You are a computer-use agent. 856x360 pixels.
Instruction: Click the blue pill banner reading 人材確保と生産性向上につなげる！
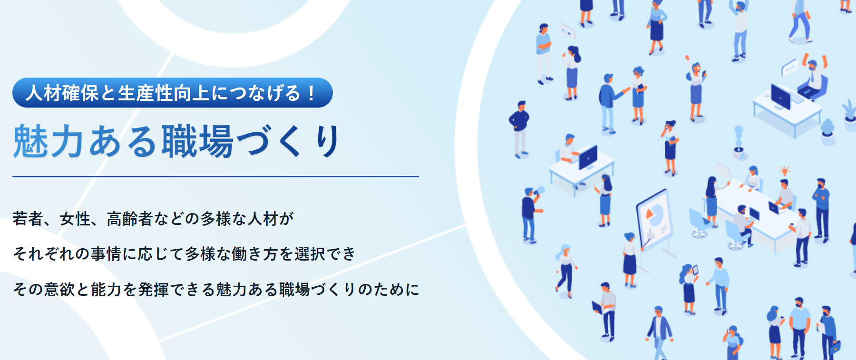point(173,93)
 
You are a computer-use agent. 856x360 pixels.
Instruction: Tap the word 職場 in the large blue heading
point(197,141)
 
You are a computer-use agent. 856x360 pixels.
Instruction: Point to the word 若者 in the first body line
point(28,219)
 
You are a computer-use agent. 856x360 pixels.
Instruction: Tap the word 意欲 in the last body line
point(59,289)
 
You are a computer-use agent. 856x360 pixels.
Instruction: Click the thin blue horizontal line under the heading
point(215,176)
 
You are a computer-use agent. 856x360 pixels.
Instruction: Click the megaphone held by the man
point(539,191)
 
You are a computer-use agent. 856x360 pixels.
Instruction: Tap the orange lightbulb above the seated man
point(784,171)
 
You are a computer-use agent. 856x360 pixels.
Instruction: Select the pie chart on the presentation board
point(655,214)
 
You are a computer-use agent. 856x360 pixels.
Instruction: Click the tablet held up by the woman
point(695,270)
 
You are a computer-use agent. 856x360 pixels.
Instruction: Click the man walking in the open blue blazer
point(659,332)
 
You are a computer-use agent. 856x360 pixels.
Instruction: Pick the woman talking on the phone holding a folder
point(670,148)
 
